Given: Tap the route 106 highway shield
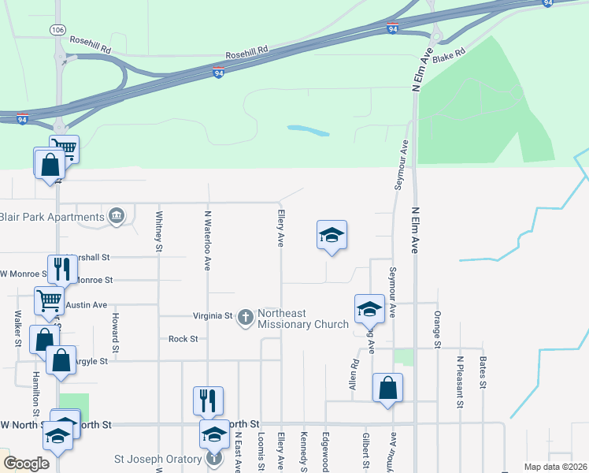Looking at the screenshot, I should pos(57,29).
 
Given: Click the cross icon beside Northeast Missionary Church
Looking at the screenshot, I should pos(246,317).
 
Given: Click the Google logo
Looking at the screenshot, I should pos(26,464).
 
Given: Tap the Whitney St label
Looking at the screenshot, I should pos(159,231).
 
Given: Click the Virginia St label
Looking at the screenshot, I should pos(213,316).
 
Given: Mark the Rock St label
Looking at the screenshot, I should pos(183,339).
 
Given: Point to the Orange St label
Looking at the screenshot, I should pos(436,329).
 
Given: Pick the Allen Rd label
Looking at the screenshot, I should pos(354,374).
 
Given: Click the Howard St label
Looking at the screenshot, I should pos(115,333).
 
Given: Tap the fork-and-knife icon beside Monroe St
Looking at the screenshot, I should pos(60,270).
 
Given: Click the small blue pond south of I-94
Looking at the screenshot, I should pos(308,130).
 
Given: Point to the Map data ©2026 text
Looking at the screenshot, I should pos(554,467).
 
